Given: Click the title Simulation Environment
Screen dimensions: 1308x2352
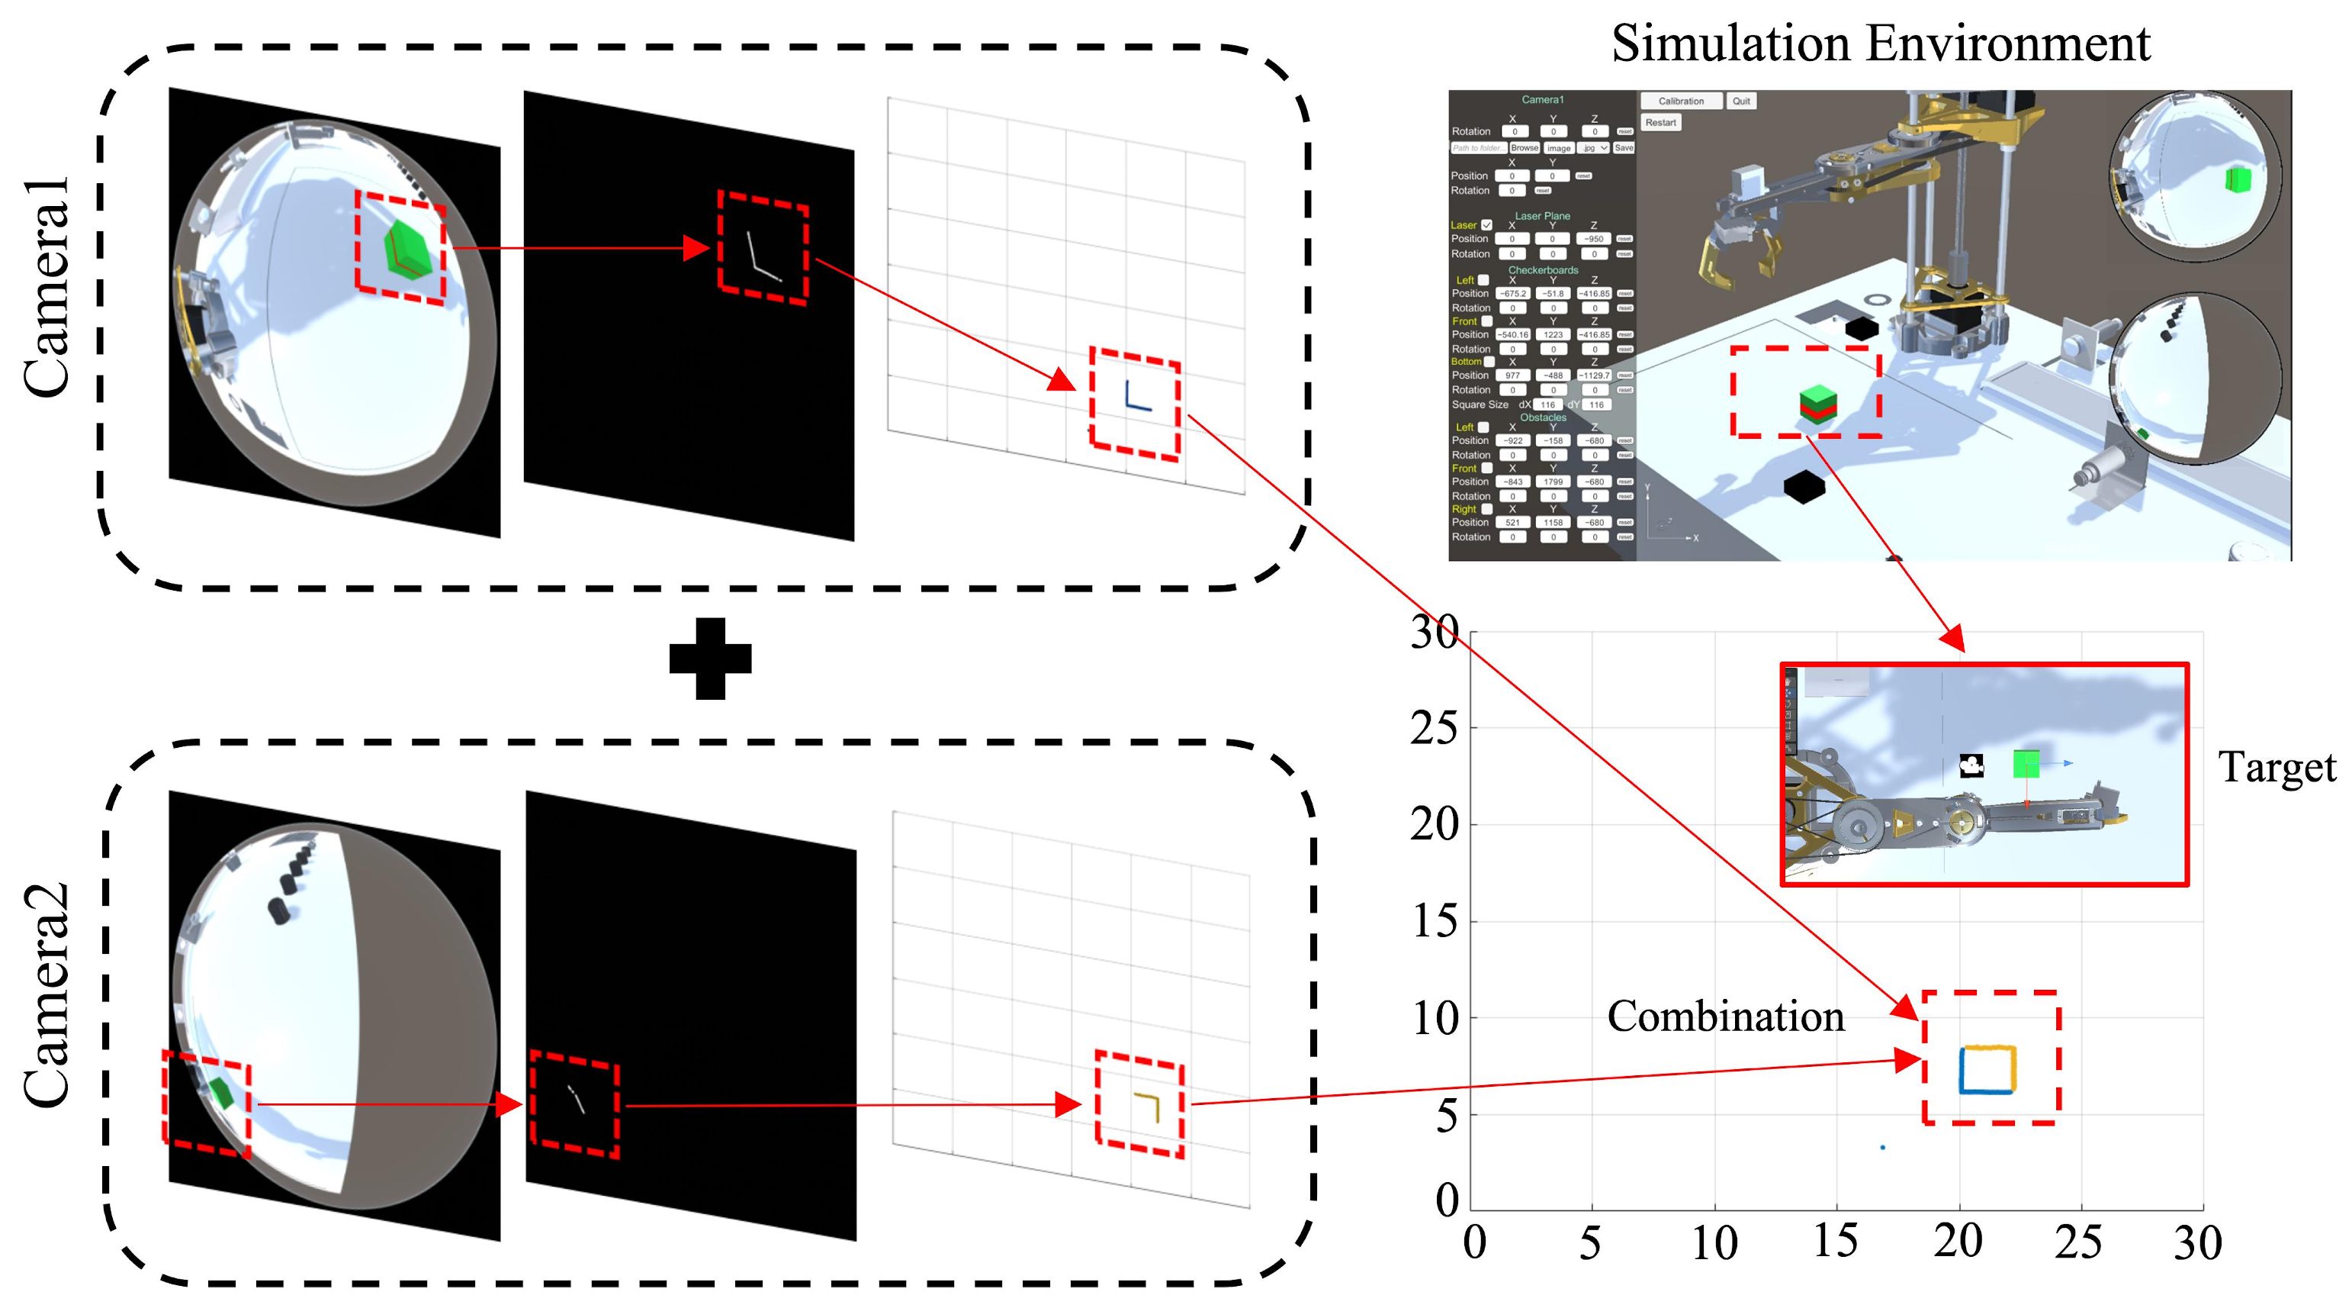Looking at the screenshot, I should pos(1880,43).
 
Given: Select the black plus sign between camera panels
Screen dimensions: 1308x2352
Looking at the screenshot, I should pos(710,659).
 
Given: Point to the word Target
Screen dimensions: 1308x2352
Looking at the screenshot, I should pos(2276,767).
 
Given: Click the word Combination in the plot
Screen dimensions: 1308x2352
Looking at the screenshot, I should pos(1725,1016).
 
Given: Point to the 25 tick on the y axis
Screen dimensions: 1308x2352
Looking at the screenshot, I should pos(1435,729).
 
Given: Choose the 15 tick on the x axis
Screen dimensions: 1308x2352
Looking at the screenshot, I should pos(1835,1242).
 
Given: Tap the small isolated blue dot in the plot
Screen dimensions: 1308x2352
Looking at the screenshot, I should pos(1883,1147).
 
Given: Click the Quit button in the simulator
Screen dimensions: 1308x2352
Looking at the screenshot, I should pos(1741,101).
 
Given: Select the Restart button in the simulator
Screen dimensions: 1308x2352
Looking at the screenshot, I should pos(1661,122).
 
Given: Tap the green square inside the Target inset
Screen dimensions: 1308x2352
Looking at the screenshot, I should pos(2026,765).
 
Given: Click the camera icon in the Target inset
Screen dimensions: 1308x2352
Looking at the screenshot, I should pos(1971,765).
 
